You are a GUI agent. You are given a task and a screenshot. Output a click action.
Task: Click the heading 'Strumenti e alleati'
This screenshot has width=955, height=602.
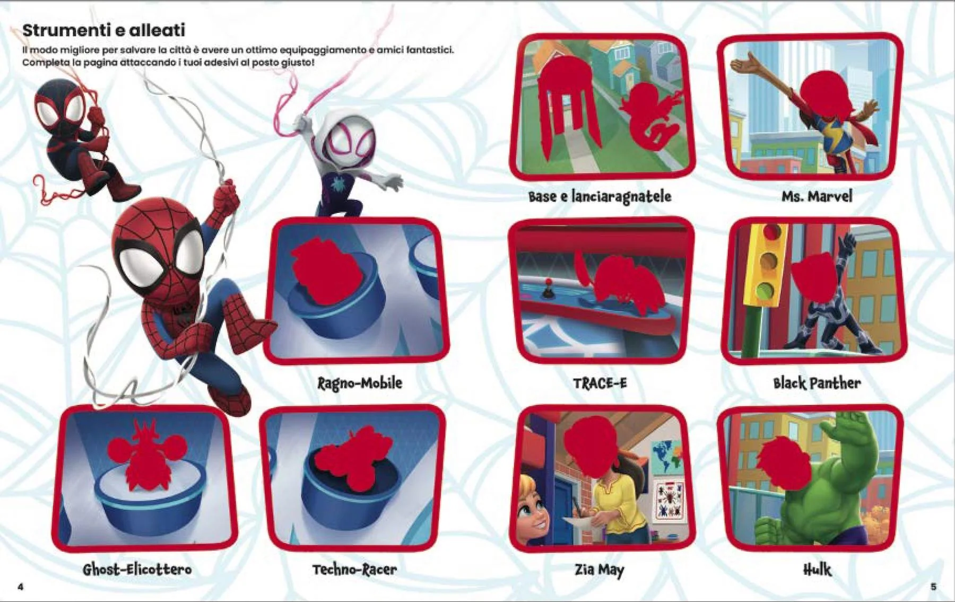(x=103, y=30)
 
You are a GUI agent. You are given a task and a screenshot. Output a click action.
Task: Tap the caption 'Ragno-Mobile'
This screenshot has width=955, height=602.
(x=360, y=383)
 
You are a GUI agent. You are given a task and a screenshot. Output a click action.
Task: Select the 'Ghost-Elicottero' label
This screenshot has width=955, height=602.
(x=137, y=570)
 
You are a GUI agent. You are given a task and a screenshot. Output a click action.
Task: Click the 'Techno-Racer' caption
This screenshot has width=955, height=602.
(x=354, y=570)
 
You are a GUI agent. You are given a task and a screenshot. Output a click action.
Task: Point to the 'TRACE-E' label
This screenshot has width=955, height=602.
(x=600, y=383)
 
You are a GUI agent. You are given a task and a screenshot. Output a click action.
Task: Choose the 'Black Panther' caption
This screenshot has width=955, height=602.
(x=817, y=383)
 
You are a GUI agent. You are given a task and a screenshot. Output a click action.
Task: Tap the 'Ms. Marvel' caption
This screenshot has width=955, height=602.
(x=817, y=196)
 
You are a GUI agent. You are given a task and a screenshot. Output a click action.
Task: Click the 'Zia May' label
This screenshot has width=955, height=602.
(x=600, y=570)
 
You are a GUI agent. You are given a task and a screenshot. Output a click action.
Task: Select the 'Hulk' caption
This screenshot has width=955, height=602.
(x=817, y=570)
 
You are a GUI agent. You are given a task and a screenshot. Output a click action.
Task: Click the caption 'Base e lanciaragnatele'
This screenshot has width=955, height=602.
(x=600, y=196)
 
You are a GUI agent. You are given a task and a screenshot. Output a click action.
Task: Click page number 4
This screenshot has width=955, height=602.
(x=21, y=586)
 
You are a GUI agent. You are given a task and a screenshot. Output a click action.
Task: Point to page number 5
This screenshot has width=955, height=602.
(x=934, y=586)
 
